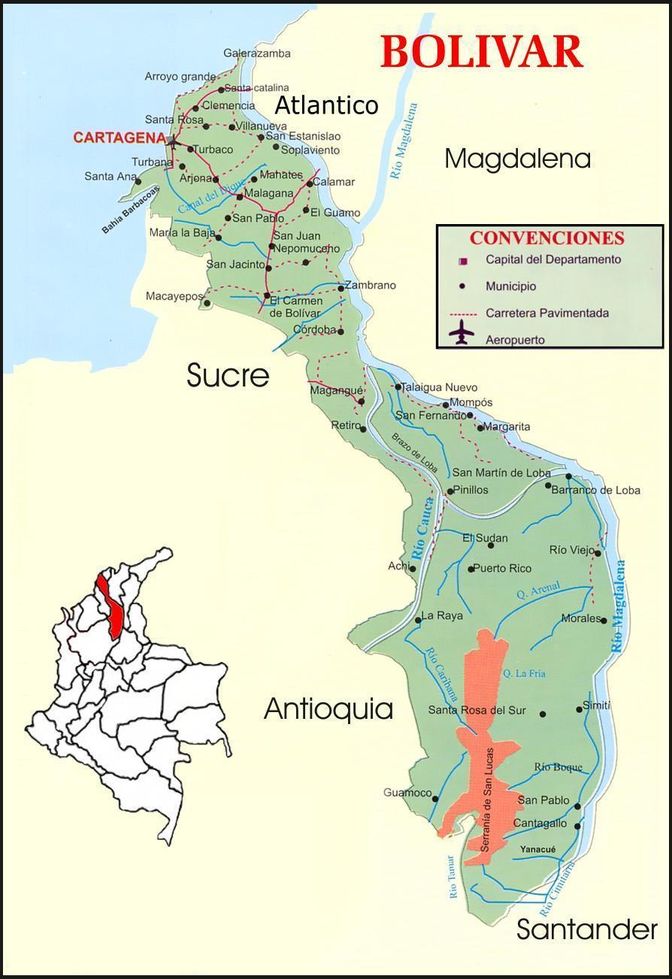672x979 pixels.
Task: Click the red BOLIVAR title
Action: point(482,52)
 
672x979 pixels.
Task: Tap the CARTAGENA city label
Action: point(119,138)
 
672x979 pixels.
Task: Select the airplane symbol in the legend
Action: point(462,332)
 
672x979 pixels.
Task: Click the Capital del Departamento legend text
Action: point(553,259)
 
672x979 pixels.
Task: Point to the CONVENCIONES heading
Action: point(546,238)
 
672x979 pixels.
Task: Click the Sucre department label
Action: point(228,375)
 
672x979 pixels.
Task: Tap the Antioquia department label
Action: point(328,708)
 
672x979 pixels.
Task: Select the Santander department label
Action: point(586,929)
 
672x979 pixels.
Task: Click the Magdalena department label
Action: point(517,159)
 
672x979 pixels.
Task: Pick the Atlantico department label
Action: point(325,105)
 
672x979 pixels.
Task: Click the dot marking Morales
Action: point(604,620)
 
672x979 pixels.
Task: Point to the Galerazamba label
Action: point(256,53)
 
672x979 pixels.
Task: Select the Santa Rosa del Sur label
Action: point(477,711)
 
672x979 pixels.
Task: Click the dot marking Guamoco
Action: point(435,799)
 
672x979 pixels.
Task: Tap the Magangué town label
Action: point(336,390)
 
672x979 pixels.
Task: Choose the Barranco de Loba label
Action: point(595,490)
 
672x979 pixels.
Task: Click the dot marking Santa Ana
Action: point(138,181)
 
